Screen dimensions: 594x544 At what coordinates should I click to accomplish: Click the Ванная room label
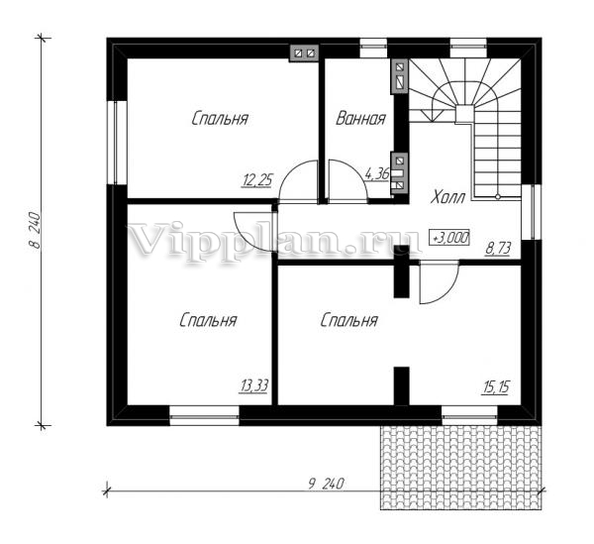coord(360,118)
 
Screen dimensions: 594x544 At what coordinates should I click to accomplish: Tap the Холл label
coord(447,197)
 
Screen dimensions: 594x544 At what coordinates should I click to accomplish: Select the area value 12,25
coord(256,180)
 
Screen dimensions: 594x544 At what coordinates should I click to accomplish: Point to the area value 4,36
coord(376,174)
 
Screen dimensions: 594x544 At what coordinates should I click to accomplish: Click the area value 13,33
coord(253,385)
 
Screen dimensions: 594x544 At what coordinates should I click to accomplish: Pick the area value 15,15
coord(496,387)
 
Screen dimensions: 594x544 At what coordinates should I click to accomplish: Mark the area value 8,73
coord(498,249)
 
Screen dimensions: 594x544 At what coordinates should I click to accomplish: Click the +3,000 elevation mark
coord(449,238)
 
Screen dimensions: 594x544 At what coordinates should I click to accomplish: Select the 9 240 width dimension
coord(326,485)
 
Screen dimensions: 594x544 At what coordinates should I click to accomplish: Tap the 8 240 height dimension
coord(34,231)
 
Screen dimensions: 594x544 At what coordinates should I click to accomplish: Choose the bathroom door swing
coord(347,179)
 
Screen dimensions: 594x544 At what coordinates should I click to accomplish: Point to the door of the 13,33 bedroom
coord(253,231)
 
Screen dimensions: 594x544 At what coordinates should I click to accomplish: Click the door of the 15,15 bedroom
coord(440,282)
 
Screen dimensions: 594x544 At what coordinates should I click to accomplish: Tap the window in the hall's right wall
coord(531,212)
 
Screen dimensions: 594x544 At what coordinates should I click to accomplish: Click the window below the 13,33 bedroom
coord(204,416)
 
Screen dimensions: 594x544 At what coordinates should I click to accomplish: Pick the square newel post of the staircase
coord(463,114)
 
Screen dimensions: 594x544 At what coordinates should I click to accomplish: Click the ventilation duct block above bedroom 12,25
coord(305,54)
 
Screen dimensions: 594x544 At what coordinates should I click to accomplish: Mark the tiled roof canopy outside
coord(460,468)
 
